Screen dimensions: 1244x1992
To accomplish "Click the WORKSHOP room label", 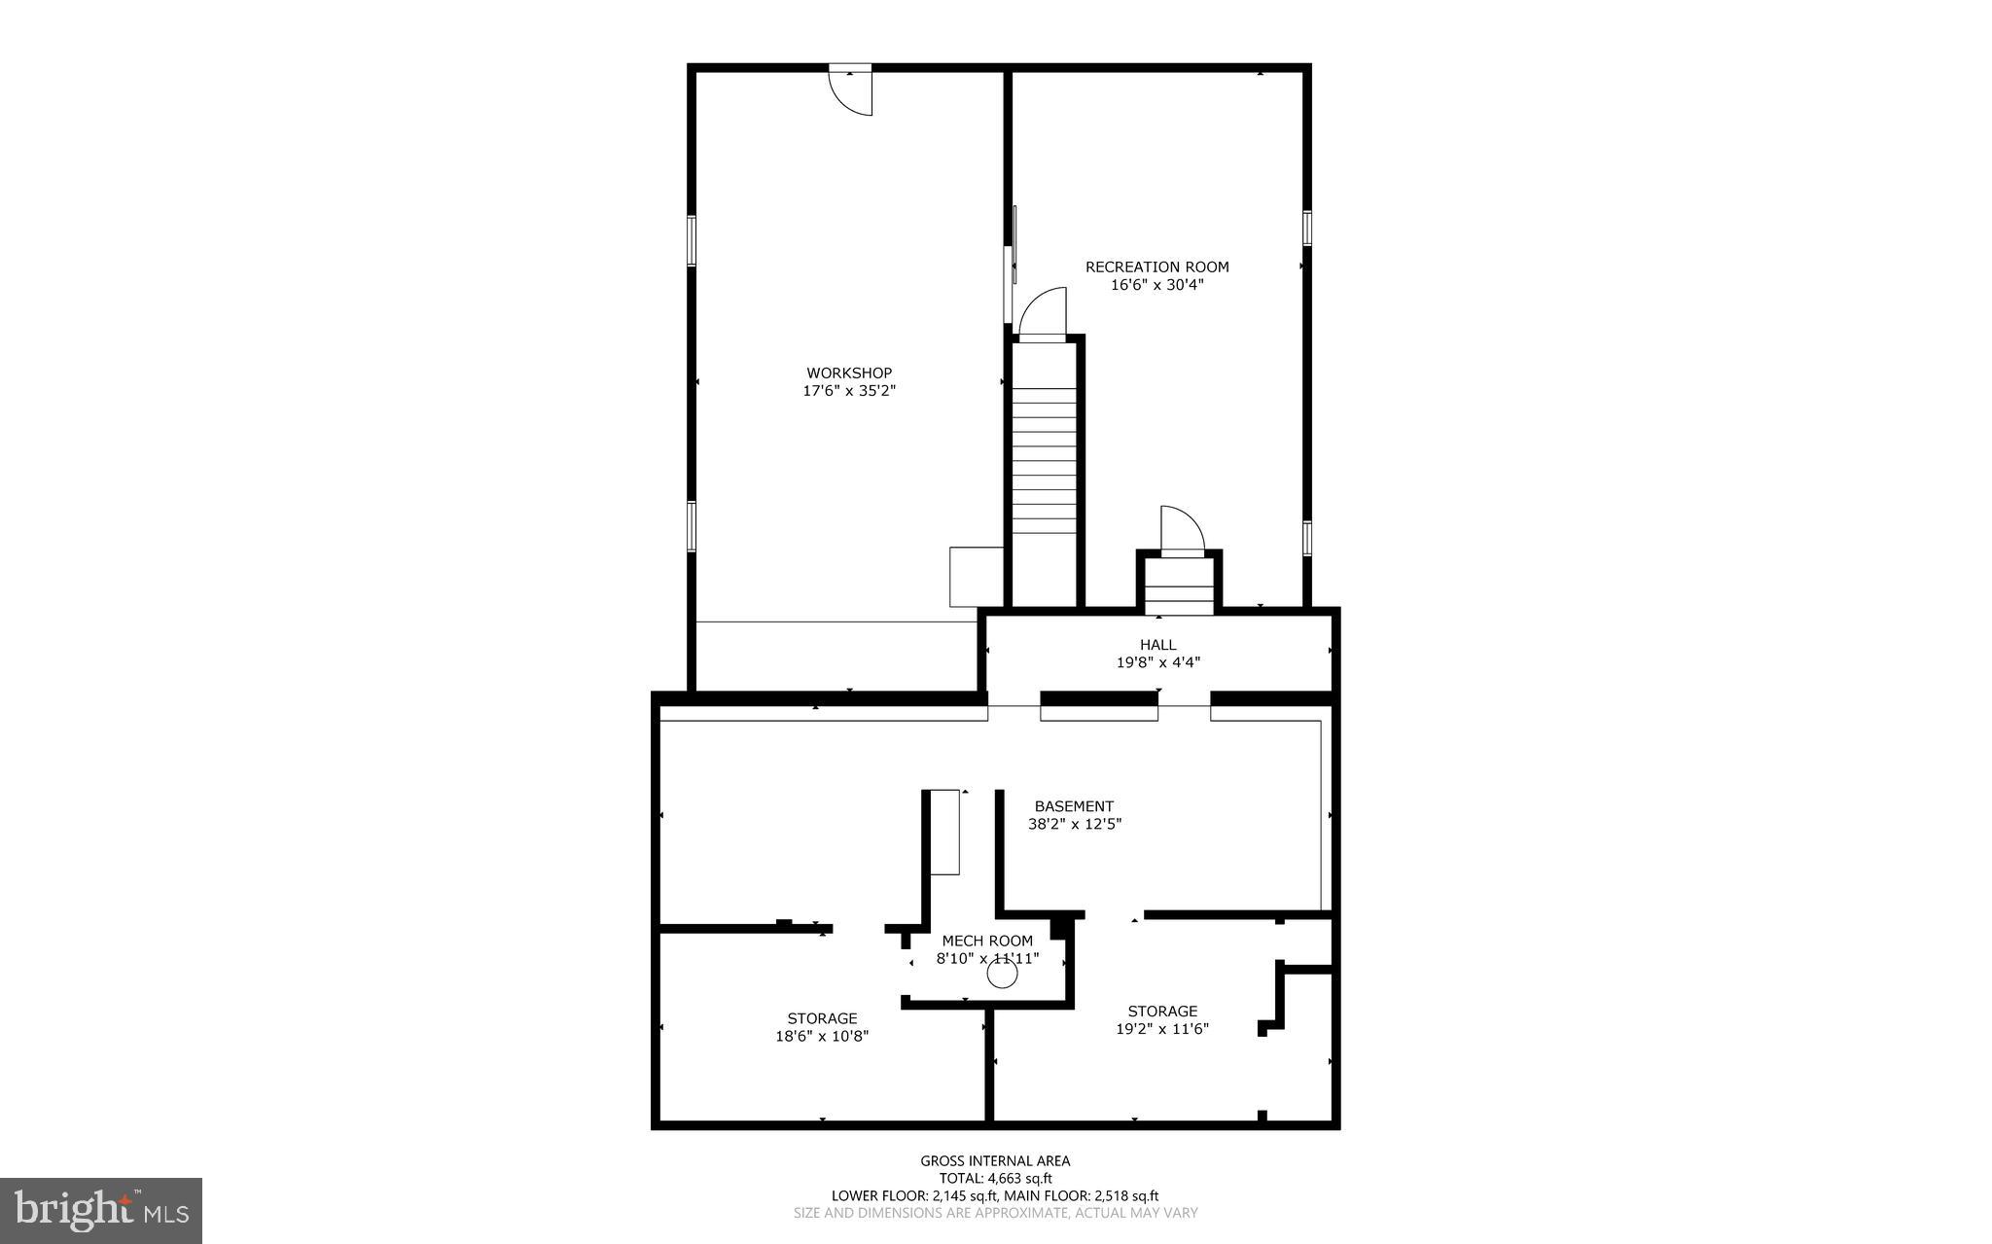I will pyautogui.click(x=848, y=373).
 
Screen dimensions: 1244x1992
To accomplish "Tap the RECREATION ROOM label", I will pyautogui.click(x=1156, y=267).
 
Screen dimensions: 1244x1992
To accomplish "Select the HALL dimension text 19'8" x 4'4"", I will pyautogui.click(x=1157, y=662).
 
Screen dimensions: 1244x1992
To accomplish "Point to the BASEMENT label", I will pyautogui.click(x=1074, y=806).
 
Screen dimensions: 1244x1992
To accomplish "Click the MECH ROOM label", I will pyautogui.click(x=987, y=941).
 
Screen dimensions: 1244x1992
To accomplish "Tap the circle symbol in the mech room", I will pyautogui.click(x=1002, y=974).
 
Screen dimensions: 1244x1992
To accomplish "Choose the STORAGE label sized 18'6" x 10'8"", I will pyautogui.click(x=822, y=1018).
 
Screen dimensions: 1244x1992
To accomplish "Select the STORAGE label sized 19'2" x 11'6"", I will pyautogui.click(x=1162, y=1012).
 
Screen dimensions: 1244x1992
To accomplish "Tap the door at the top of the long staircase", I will pyautogui.click(x=1042, y=313).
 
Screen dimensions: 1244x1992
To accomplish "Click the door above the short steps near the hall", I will pyautogui.click(x=1182, y=530).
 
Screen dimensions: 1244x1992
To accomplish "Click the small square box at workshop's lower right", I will pyautogui.click(x=976, y=577).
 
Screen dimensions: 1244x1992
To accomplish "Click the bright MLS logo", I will pyautogui.click(x=101, y=1210).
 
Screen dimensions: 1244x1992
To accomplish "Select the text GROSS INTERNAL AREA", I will pyautogui.click(x=995, y=1160).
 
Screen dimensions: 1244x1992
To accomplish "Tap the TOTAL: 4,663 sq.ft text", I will pyautogui.click(x=995, y=1178).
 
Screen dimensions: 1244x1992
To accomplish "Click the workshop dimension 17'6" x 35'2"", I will pyautogui.click(x=848, y=391).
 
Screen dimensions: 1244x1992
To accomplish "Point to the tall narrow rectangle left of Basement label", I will pyautogui.click(x=944, y=832).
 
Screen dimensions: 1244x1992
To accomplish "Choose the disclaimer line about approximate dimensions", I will pyautogui.click(x=995, y=1213).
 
